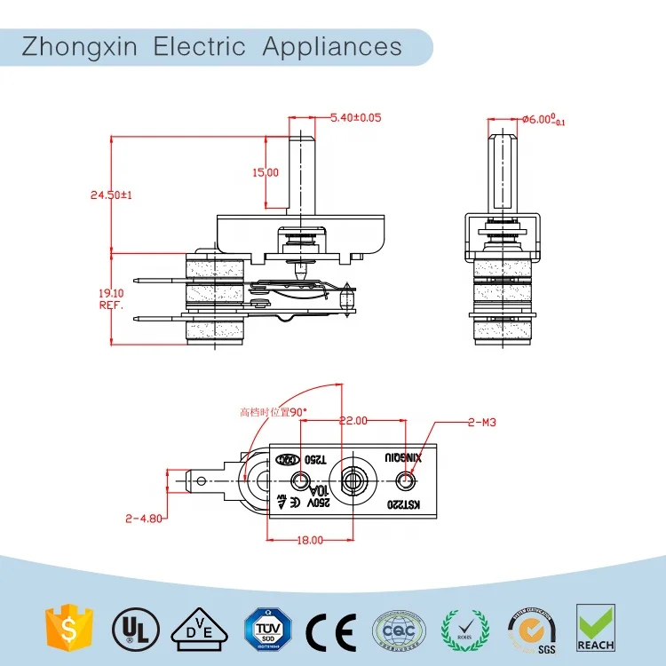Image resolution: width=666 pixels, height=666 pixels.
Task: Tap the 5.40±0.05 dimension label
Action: [355, 117]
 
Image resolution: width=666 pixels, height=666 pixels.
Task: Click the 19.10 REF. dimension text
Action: [111, 297]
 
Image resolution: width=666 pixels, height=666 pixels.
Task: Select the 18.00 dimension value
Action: [310, 539]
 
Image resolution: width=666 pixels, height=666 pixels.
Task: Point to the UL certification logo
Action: [129, 628]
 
